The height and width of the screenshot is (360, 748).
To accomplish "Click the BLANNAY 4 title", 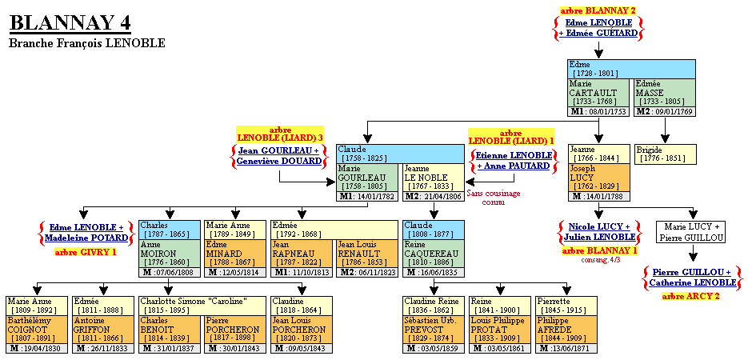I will pyautogui.click(x=70, y=22).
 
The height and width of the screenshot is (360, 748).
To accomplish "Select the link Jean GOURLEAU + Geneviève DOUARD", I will pyautogui.click(x=278, y=155).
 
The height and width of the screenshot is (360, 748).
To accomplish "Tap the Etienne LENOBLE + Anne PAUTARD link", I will pyautogui.click(x=513, y=160).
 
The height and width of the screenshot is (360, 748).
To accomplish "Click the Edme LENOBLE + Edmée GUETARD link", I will pyautogui.click(x=599, y=28).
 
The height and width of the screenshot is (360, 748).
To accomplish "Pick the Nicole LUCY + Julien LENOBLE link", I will pyautogui.click(x=598, y=231).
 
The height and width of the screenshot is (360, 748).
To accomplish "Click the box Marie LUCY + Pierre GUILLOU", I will pyautogui.click(x=691, y=232).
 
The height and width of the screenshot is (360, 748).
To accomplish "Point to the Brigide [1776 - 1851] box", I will pyautogui.click(x=666, y=154).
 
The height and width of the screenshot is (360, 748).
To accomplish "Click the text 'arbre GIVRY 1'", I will pyautogui.click(x=86, y=252).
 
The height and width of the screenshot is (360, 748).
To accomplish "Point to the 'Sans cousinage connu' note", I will pyautogui.click(x=494, y=198).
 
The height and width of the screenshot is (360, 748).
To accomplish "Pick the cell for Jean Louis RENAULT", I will pyautogui.click(x=366, y=254).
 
